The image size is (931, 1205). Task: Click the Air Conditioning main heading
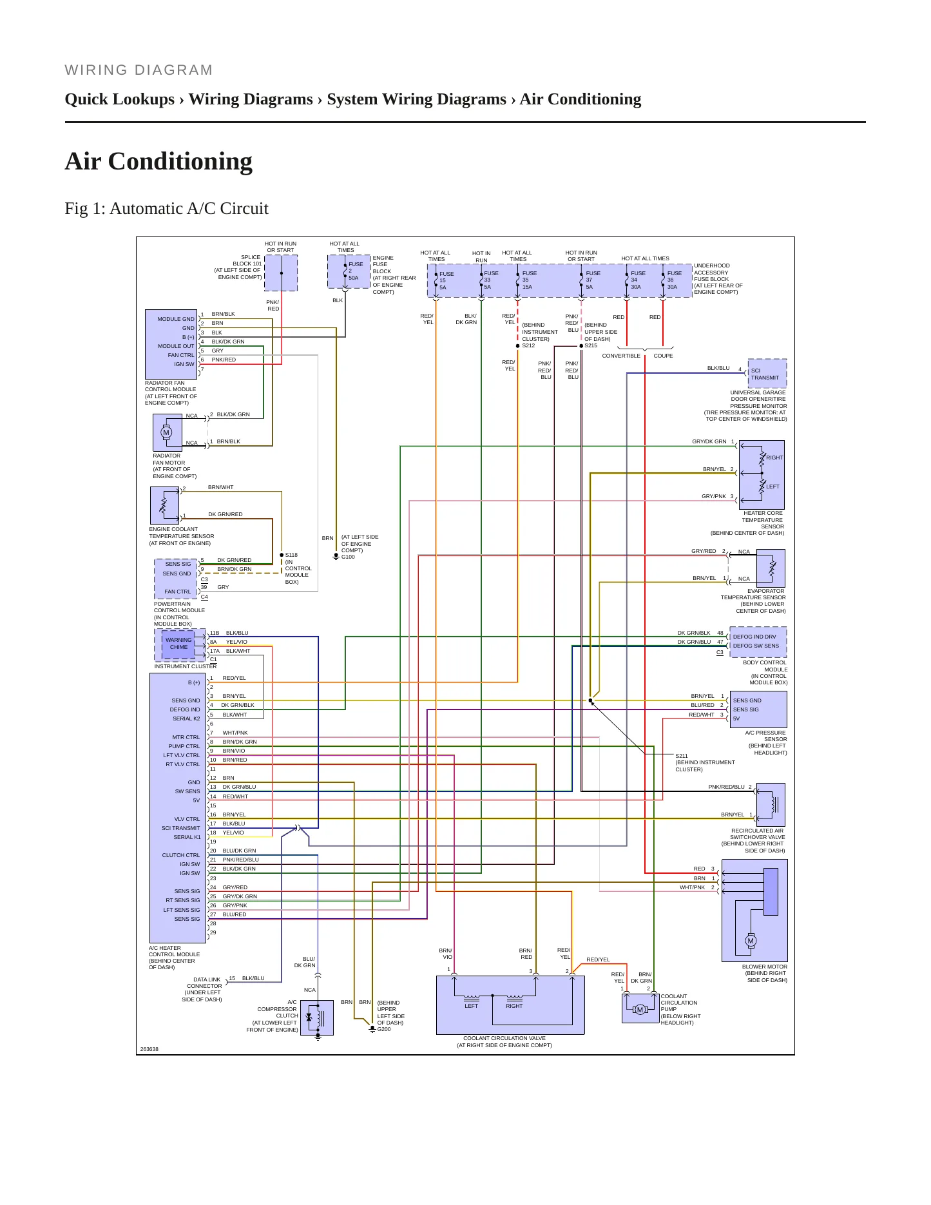pos(158,161)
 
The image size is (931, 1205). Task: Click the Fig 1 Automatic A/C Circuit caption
pos(166,208)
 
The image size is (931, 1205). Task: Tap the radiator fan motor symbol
pos(166,432)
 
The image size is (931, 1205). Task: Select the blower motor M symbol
pos(751,941)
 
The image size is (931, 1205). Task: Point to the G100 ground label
pos(348,557)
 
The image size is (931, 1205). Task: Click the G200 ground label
pos(384,1029)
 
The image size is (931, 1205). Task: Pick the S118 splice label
pos(291,555)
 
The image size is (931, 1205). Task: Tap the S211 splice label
pos(682,756)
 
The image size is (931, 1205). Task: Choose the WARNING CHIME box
pos(178,644)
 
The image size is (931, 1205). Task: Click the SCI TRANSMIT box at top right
pos(767,374)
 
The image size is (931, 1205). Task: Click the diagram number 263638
pos(149,1049)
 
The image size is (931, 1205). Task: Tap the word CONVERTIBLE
pos(621,356)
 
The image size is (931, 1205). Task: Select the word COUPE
pos(663,356)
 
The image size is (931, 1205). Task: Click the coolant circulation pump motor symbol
pos(640,1010)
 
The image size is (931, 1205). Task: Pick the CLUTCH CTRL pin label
pos(181,855)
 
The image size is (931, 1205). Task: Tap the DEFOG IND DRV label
pos(754,637)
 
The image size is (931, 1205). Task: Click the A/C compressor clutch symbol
pos(318,1017)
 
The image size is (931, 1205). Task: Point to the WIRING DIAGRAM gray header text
pos(139,70)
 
